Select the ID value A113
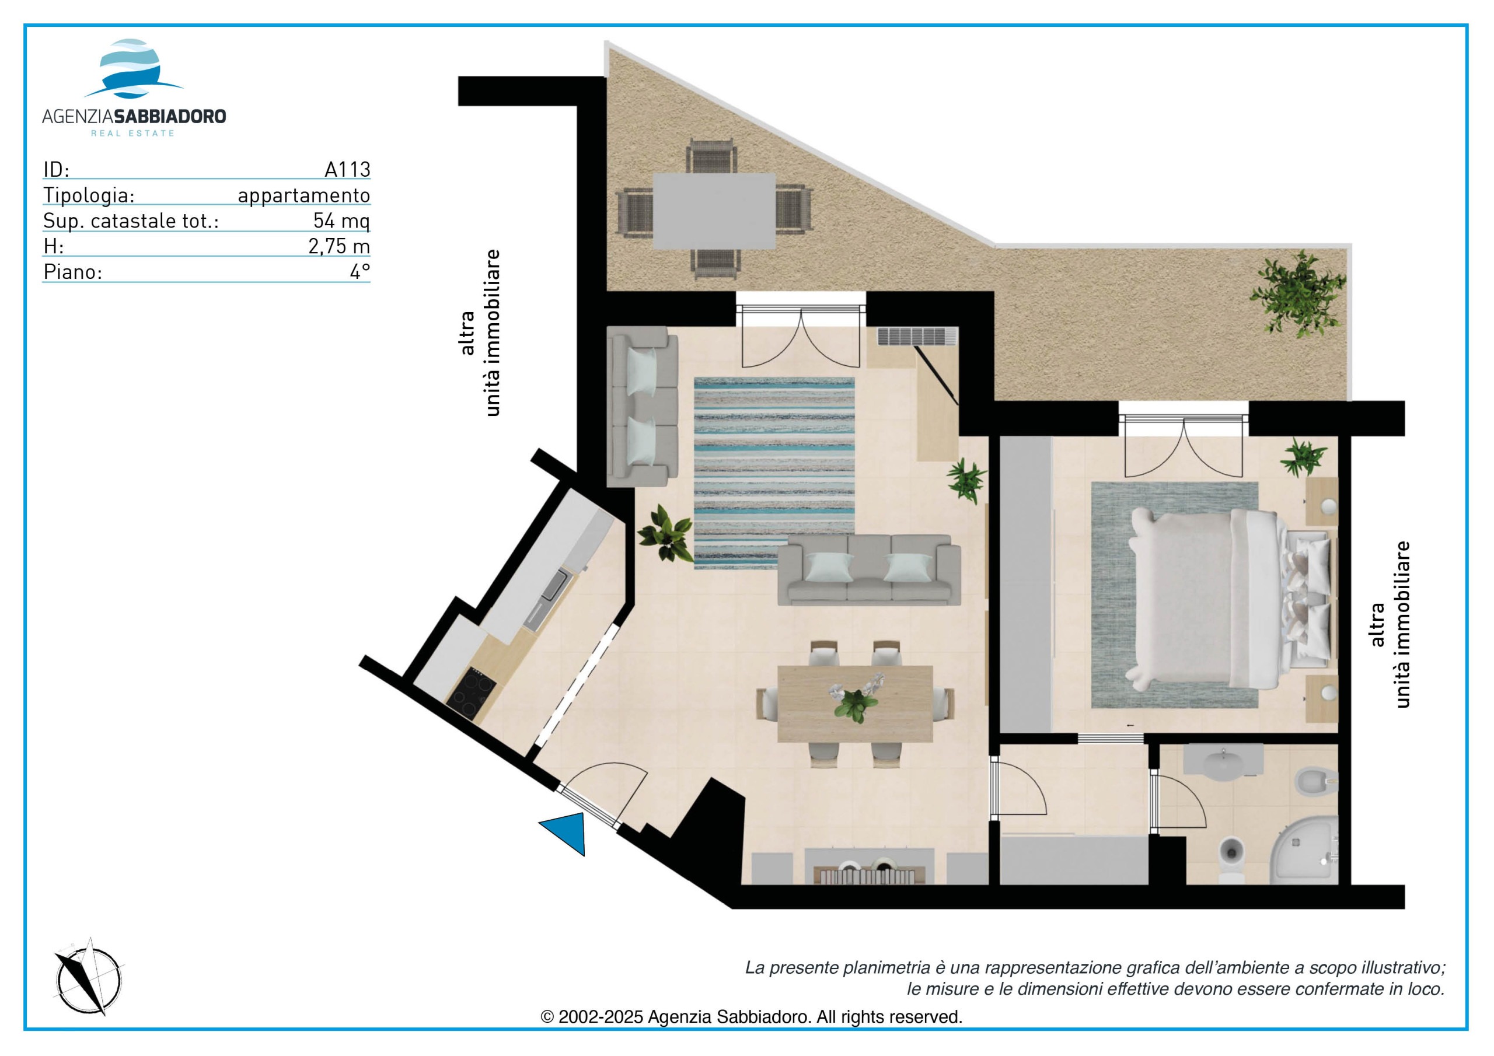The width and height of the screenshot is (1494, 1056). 347,169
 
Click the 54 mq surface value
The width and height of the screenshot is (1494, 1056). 341,221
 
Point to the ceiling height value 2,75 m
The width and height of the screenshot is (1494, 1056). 339,247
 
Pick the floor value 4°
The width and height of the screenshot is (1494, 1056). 360,271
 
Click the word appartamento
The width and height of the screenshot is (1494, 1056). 304,195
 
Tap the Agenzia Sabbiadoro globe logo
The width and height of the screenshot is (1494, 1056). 132,69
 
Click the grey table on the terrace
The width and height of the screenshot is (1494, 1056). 714,210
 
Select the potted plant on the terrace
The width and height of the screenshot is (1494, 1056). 1297,295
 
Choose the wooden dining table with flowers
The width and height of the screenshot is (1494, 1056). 855,704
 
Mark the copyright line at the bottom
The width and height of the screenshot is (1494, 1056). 752,1016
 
